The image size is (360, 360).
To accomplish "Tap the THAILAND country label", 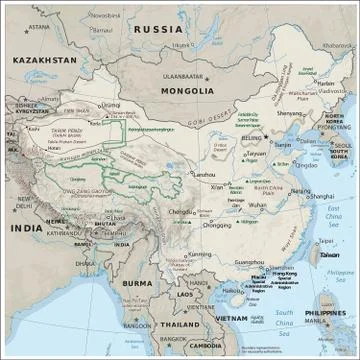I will click(x=181, y=325).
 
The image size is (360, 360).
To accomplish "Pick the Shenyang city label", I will click(x=289, y=113).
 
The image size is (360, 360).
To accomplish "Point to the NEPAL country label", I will click(x=58, y=221).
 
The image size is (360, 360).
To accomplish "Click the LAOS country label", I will click(x=184, y=295).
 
